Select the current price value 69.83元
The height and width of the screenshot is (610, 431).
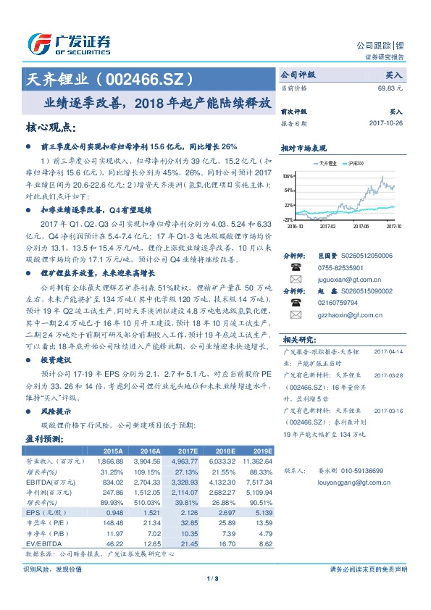tap(390, 88)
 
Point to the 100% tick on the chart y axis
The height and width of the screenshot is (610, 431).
tap(288, 176)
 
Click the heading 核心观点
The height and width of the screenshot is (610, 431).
tap(50, 127)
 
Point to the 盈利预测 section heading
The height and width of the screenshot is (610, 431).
tap(44, 438)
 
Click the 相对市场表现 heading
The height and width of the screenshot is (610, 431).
tap(304, 147)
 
